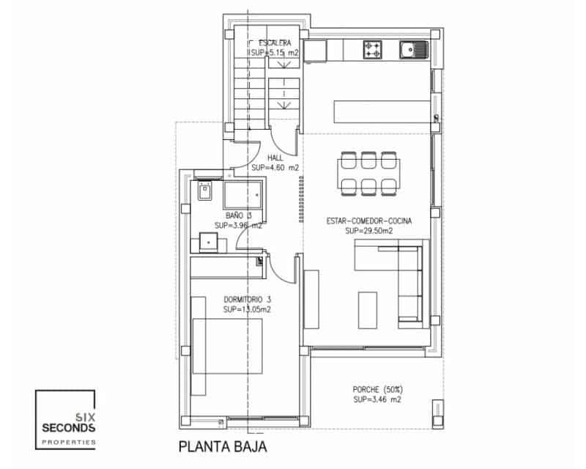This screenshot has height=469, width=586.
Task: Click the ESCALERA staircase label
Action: tap(275, 43)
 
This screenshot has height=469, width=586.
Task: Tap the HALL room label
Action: tap(275, 158)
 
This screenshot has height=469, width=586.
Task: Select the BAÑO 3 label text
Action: tap(238, 215)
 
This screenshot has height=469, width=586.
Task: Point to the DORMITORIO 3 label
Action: tap(248, 299)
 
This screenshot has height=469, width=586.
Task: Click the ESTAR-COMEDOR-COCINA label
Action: tap(369, 221)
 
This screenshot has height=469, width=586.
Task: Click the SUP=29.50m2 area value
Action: tap(369, 231)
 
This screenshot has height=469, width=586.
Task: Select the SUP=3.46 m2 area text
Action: tap(377, 400)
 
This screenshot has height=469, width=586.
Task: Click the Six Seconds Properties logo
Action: tap(66, 420)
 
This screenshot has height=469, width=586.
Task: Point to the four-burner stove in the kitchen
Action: tap(373, 50)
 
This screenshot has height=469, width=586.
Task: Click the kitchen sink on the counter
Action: tap(412, 50)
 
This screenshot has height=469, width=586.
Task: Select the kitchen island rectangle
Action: tap(381, 112)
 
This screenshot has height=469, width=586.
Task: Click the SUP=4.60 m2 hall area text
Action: tap(275, 168)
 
